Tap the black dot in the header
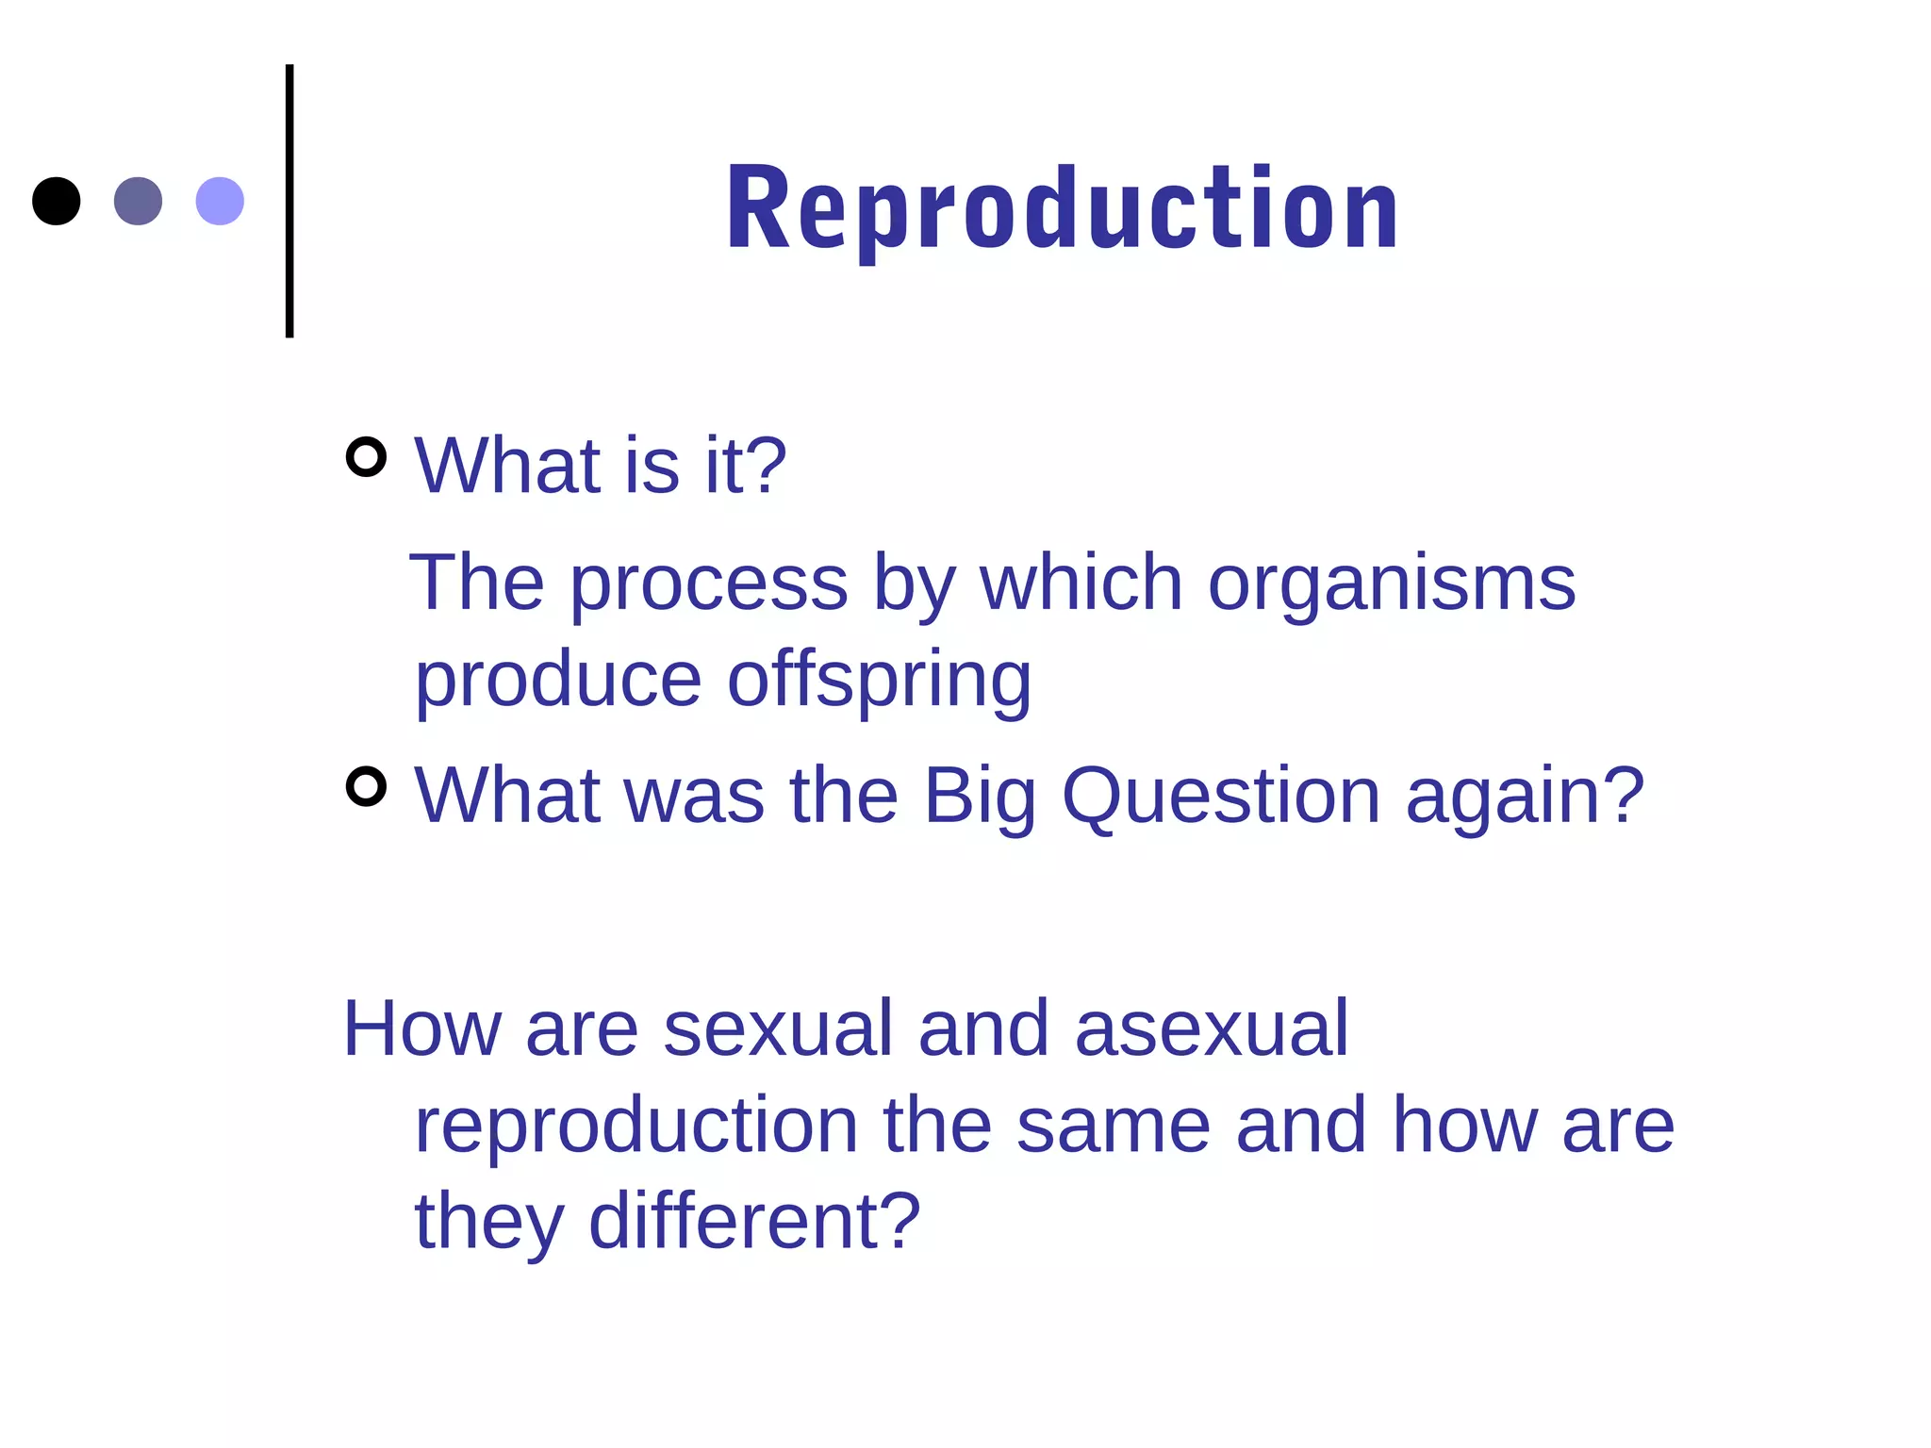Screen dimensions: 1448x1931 point(57,201)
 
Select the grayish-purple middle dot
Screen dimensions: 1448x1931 point(138,201)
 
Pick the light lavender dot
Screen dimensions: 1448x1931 point(220,201)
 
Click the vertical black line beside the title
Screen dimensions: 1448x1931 point(289,201)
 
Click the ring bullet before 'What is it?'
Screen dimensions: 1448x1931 point(367,457)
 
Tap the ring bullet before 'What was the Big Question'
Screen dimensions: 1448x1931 point(367,787)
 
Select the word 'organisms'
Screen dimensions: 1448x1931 point(1392,584)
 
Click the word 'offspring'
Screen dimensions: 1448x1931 point(880,681)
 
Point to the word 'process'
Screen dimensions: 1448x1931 point(709,584)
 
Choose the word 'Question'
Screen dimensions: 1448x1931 point(1221,797)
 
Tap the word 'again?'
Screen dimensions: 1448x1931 point(1525,797)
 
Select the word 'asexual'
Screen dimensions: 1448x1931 point(1212,1028)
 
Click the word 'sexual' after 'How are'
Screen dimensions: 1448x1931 point(778,1028)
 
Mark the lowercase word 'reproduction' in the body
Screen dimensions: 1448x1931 point(636,1126)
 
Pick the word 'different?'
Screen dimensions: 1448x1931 point(754,1221)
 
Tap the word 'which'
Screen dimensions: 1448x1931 point(1081,584)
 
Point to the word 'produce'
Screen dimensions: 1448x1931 point(558,681)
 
